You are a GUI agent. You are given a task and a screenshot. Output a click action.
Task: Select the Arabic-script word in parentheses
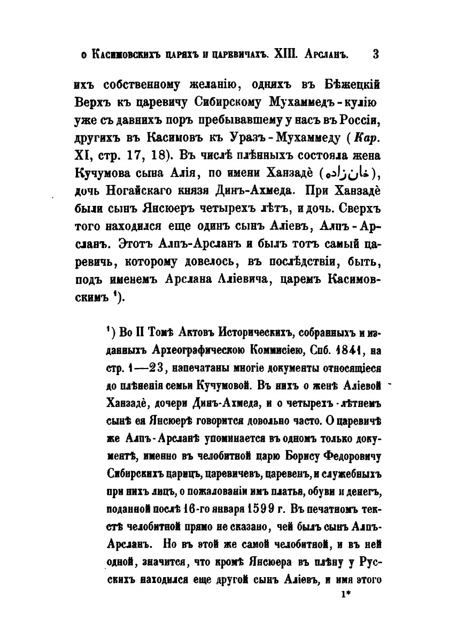[x=347, y=175]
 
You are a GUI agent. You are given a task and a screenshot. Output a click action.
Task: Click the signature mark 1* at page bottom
[x=345, y=594]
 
